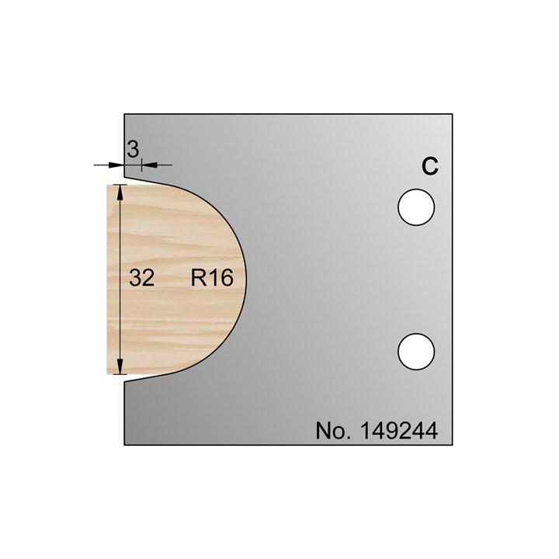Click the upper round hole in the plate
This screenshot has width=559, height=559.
[x=415, y=208]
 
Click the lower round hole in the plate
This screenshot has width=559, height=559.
[x=415, y=351]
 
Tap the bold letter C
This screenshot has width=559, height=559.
[x=429, y=166]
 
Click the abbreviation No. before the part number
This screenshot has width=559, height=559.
[x=333, y=430]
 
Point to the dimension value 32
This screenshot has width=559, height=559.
[x=143, y=278]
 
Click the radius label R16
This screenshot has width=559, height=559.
[x=212, y=278]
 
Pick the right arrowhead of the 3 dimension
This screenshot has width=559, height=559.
[x=148, y=165]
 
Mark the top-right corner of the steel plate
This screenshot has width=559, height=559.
[x=453, y=115]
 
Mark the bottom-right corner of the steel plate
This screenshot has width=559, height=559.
[x=453, y=446]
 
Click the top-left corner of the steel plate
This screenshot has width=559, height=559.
[x=125, y=115]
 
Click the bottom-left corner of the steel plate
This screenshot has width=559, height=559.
[x=125, y=446]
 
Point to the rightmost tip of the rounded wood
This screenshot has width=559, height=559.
[x=248, y=279]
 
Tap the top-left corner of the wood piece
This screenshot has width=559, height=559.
[x=107, y=185]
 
